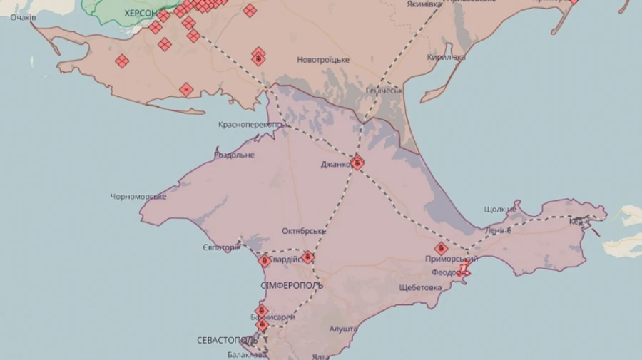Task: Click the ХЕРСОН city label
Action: [x=140, y=13]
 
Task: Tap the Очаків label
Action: [x=24, y=17]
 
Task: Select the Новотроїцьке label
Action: [x=323, y=60]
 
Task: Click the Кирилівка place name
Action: [x=447, y=57]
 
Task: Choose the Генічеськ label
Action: [x=384, y=91]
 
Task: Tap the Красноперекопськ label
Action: [x=250, y=125]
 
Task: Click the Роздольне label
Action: [x=234, y=155]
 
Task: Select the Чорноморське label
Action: [x=138, y=196]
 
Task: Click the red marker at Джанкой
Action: [x=357, y=163]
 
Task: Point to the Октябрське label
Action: [x=303, y=231]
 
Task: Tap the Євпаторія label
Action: [x=222, y=247]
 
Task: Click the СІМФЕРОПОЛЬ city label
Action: [x=292, y=285]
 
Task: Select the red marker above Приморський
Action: [x=442, y=249]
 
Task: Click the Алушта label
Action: [x=343, y=329]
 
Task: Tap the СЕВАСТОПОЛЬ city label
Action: [x=228, y=341]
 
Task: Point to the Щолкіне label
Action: [x=499, y=210]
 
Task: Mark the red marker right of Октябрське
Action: [x=308, y=257]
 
